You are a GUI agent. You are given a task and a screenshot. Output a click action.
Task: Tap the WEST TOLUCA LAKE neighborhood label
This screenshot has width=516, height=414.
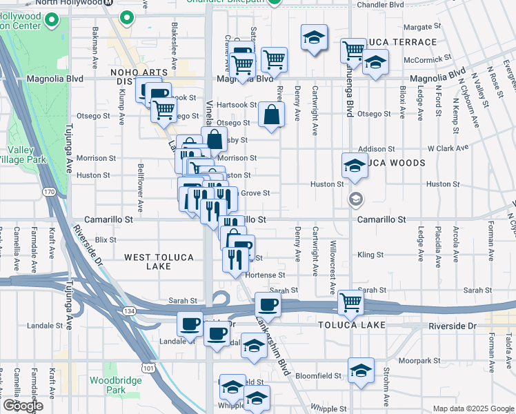(159, 262)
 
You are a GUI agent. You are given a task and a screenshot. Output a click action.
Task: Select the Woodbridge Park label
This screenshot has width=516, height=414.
(107, 385)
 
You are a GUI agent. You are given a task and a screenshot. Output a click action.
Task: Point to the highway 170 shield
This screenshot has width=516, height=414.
(48, 191)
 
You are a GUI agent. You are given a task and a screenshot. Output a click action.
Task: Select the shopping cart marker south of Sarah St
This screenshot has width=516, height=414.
(351, 302)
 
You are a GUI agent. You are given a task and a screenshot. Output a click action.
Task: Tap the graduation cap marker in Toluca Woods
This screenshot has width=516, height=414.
(355, 165)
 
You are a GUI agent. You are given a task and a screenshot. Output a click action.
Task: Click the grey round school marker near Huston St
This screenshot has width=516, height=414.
(356, 199)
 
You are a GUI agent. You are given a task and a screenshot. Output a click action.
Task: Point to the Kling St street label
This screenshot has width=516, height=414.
(370, 255)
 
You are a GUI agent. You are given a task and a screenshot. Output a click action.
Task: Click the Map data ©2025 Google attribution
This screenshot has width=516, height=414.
(473, 408)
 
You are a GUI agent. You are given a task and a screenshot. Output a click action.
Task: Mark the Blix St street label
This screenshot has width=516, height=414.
(106, 239)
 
